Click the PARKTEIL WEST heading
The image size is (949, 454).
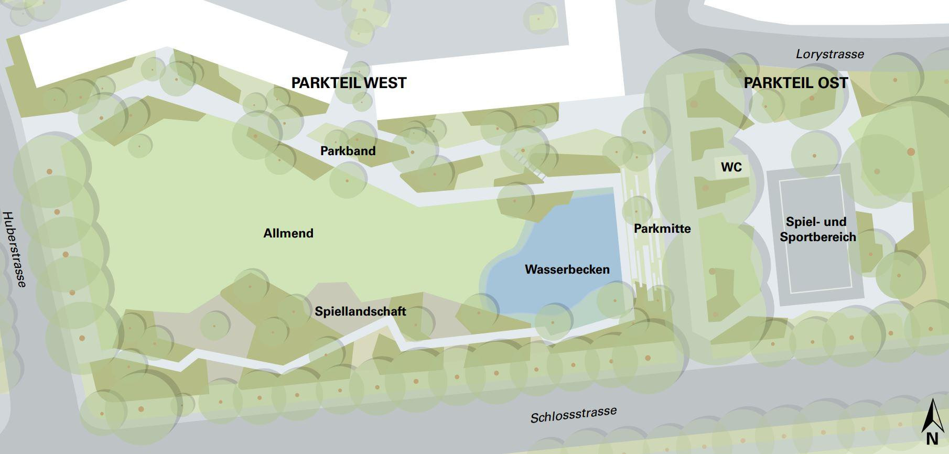pos(349,83)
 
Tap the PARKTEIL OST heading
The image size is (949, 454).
pos(795,83)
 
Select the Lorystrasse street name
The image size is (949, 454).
pos(829,54)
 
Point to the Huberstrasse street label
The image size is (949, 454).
pos(15,250)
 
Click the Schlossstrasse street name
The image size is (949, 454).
pos(573,415)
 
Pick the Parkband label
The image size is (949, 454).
pos(348,151)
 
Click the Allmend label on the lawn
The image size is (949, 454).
pos(288,233)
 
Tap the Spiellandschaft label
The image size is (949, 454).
pos(360,311)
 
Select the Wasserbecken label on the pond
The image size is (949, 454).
pos(567,269)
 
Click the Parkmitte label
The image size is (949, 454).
pos(662,229)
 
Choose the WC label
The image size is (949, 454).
pos(731,167)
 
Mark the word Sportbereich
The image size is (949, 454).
pos(817,237)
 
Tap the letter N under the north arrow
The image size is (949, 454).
pos(932,439)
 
